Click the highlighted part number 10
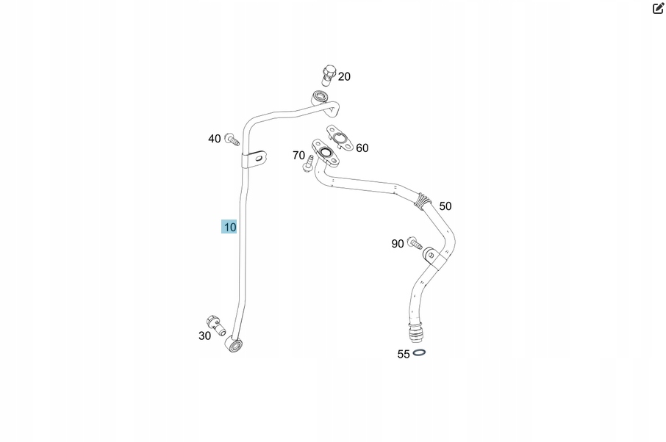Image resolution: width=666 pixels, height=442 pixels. (229, 227)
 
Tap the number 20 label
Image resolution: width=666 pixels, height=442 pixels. (344, 76)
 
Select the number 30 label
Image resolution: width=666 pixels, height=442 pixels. (204, 336)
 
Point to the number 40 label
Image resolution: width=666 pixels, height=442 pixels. (215, 139)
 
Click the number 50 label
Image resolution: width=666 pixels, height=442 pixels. (445, 206)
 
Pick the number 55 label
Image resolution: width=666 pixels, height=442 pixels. (404, 354)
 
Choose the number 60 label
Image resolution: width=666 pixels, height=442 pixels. (362, 148)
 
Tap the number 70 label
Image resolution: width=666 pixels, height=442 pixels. (298, 156)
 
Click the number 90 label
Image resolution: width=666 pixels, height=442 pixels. (398, 244)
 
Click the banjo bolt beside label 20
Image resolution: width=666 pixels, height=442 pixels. (329, 75)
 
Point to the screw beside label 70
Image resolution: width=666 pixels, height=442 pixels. (308, 164)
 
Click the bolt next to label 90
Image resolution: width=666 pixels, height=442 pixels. (415, 243)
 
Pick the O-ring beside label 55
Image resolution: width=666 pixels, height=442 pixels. (419, 352)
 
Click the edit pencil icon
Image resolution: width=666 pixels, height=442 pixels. (658, 9)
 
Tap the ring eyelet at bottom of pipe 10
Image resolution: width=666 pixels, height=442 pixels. (235, 344)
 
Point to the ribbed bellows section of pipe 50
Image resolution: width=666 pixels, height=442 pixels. (421, 200)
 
